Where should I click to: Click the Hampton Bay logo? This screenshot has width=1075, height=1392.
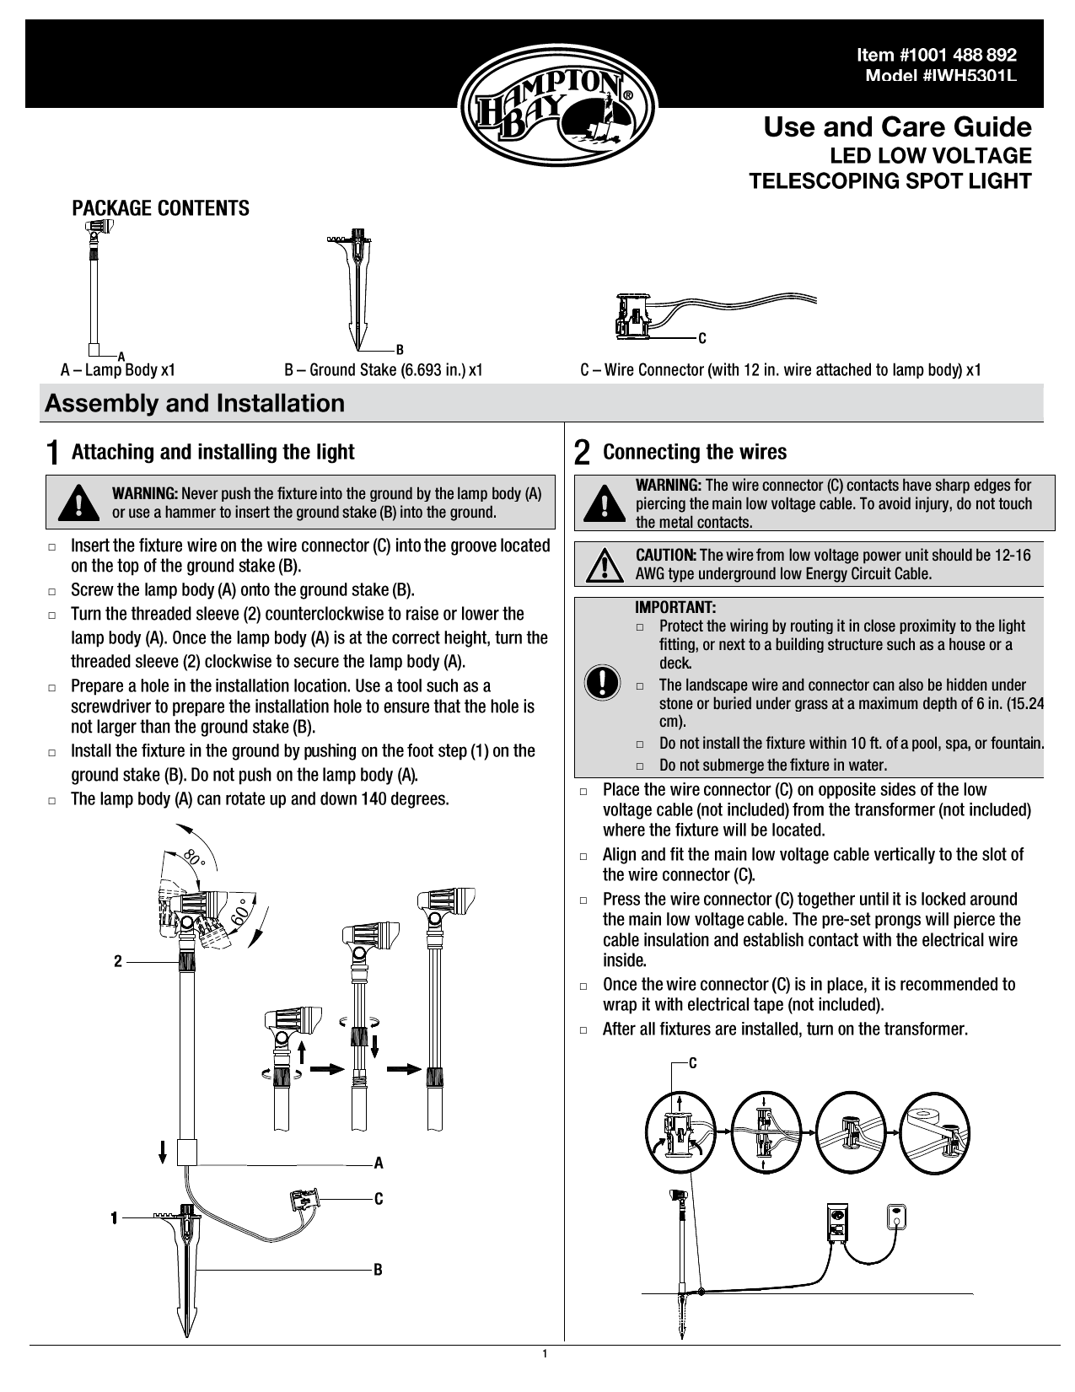point(556,107)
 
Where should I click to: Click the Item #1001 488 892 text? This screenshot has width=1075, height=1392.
point(936,56)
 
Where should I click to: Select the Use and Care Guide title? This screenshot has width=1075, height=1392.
point(897,127)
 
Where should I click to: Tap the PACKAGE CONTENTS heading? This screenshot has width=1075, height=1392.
point(160,208)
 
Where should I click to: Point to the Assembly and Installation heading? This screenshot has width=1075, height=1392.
point(195,403)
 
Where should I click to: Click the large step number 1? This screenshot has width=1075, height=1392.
point(52,453)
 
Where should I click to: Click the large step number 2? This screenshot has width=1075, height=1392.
point(582,453)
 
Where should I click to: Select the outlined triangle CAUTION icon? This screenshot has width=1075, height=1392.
point(603,564)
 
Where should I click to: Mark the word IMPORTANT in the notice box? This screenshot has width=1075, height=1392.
point(675,607)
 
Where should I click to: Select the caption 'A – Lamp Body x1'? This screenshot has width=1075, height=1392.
point(118,370)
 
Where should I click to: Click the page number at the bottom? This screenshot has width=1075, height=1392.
point(545,1354)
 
